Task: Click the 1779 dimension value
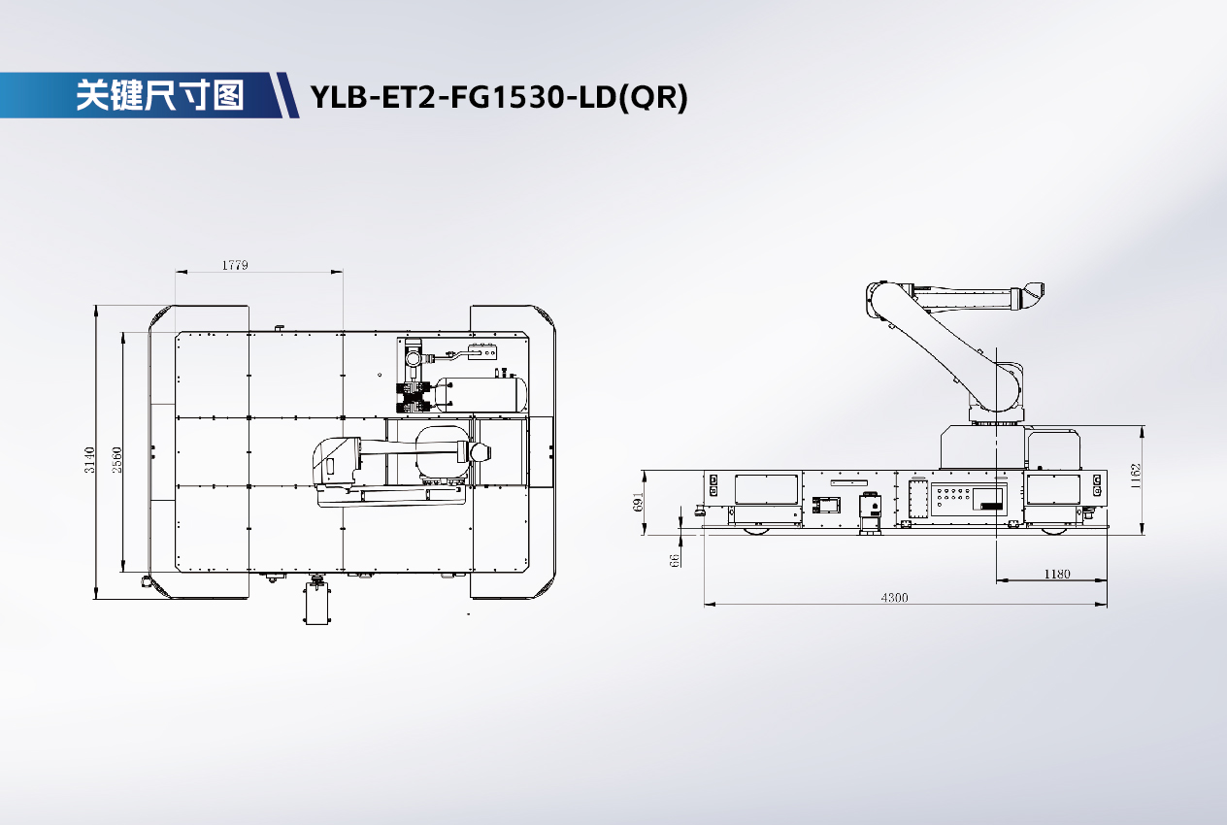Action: (x=235, y=265)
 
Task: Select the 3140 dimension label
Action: (x=89, y=460)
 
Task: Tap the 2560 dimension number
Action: (x=116, y=460)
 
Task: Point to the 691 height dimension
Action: (x=638, y=502)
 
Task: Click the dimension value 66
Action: (x=675, y=560)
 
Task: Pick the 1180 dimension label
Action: (x=1057, y=574)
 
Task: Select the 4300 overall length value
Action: (x=894, y=597)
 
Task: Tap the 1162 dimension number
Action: (x=1135, y=476)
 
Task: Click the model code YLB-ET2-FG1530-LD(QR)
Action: (x=499, y=97)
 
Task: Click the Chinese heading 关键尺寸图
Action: (x=160, y=95)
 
